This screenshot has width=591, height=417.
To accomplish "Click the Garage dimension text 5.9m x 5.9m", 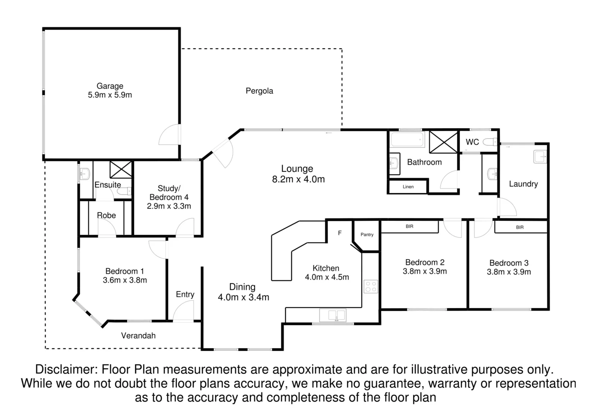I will pyautogui.click(x=110, y=95).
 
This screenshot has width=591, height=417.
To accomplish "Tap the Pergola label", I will pyautogui.click(x=259, y=91).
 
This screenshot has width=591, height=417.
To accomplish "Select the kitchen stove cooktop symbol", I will pyautogui.click(x=371, y=287).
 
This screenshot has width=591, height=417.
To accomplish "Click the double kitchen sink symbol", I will pyautogui.click(x=332, y=315).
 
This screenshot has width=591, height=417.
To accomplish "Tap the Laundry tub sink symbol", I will pyautogui.click(x=540, y=157).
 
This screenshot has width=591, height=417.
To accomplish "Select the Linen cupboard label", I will pyautogui.click(x=408, y=187).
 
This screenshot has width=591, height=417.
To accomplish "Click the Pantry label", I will pyautogui.click(x=367, y=235).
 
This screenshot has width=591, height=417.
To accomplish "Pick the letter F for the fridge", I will pyautogui.click(x=340, y=233).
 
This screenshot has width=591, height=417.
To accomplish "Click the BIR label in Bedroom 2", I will pyautogui.click(x=409, y=227).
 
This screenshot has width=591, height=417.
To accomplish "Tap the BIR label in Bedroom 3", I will pyautogui.click(x=520, y=227).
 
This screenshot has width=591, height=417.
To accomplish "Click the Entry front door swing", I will pyautogui.click(x=183, y=311).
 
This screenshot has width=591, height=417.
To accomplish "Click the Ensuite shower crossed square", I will pyautogui.click(x=121, y=170).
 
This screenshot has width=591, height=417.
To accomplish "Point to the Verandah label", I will pyautogui.click(x=138, y=336).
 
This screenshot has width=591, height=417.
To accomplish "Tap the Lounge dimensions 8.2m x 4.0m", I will pyautogui.click(x=298, y=180).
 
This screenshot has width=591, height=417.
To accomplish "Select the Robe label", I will pyautogui.click(x=106, y=215).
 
